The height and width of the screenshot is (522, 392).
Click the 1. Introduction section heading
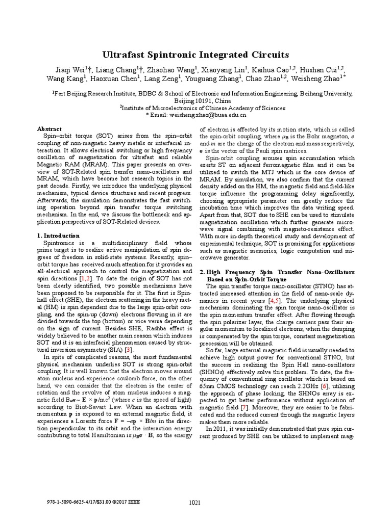pyautogui.click(x=59, y=236)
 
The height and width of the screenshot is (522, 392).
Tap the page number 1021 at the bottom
pyautogui.click(x=194, y=503)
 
